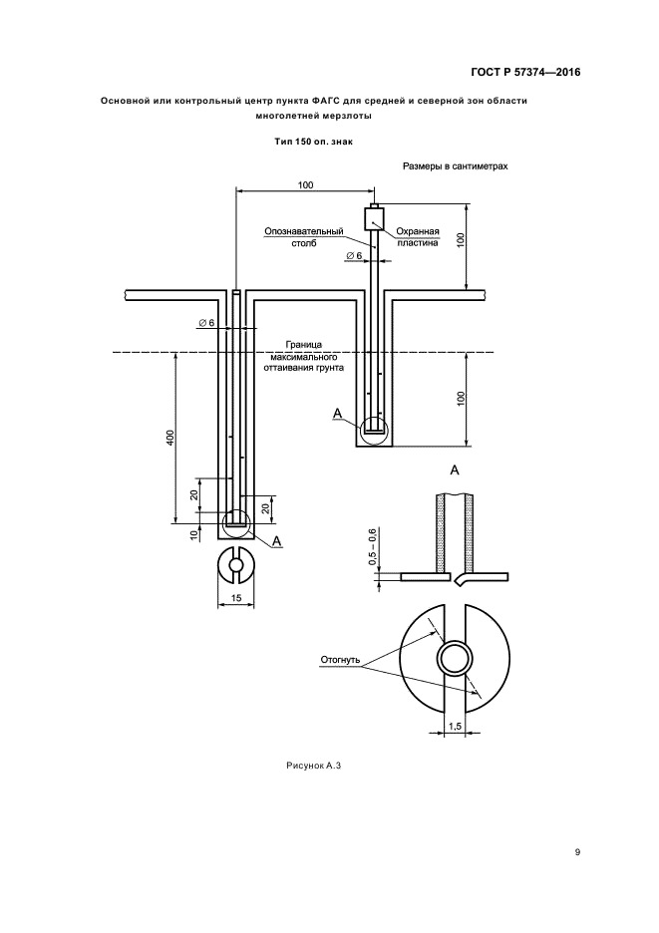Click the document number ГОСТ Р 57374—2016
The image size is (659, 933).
click(x=525, y=72)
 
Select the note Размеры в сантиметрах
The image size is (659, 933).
click(x=456, y=166)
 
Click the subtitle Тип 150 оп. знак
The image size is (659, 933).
click(x=314, y=142)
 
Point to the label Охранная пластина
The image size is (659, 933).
click(x=418, y=236)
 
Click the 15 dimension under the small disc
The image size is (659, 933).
click(x=236, y=598)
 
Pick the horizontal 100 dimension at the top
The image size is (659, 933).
click(x=305, y=185)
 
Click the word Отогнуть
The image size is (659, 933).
click(x=340, y=660)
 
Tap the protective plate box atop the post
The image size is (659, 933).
click(x=374, y=218)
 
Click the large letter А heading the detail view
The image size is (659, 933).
click(x=455, y=468)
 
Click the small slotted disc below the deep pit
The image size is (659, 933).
click(x=236, y=565)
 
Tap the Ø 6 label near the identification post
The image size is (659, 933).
click(x=355, y=257)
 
